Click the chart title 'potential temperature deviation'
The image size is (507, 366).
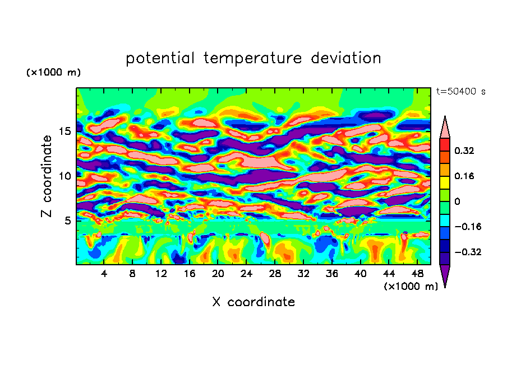click(x=253, y=58)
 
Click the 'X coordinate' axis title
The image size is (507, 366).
click(x=253, y=302)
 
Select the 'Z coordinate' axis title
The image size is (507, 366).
click(x=48, y=176)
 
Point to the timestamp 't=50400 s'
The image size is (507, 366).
click(x=461, y=91)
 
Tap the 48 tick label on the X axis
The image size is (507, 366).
click(x=418, y=274)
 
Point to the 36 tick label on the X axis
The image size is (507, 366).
click(x=332, y=274)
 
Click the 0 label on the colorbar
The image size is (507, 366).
click(x=458, y=201)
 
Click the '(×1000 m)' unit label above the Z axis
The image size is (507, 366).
click(x=53, y=73)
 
